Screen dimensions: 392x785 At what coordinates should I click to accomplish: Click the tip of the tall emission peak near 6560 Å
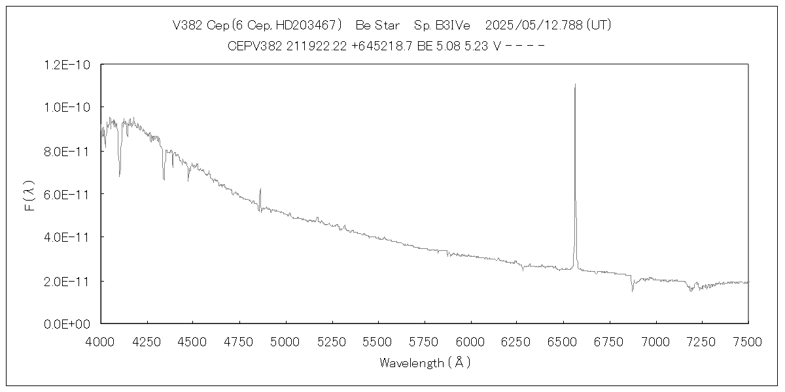click(x=575, y=84)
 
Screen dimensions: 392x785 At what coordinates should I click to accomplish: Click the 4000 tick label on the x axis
click(x=101, y=340)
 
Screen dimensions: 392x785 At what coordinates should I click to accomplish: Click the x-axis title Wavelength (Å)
click(x=425, y=363)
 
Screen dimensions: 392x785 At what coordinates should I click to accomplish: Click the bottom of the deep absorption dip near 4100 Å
click(x=119, y=176)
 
